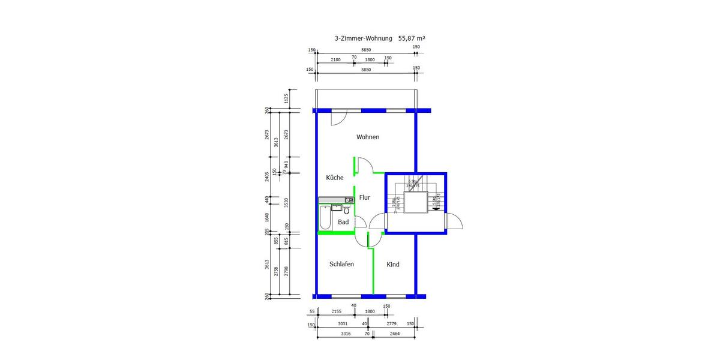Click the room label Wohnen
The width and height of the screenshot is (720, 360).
click(x=368, y=137)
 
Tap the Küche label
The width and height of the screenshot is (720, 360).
click(x=335, y=178)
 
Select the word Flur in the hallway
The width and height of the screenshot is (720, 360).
click(x=365, y=197)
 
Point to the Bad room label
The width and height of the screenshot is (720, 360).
click(x=343, y=223)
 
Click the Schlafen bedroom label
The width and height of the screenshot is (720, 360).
click(x=341, y=265)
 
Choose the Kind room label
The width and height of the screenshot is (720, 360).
click(x=393, y=265)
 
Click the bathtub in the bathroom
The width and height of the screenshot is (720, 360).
click(x=325, y=218)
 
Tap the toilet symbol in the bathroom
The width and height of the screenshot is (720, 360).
click(x=346, y=210)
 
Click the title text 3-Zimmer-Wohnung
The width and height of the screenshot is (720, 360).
click(x=364, y=38)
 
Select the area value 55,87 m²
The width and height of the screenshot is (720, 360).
click(x=412, y=38)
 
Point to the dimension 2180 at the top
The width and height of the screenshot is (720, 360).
click(x=336, y=59)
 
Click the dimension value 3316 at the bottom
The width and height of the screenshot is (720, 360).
click(x=345, y=333)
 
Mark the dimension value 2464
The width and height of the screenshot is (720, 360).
click(x=394, y=333)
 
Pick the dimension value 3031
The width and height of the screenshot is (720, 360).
click(x=343, y=324)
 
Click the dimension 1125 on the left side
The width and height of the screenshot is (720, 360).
click(x=286, y=98)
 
